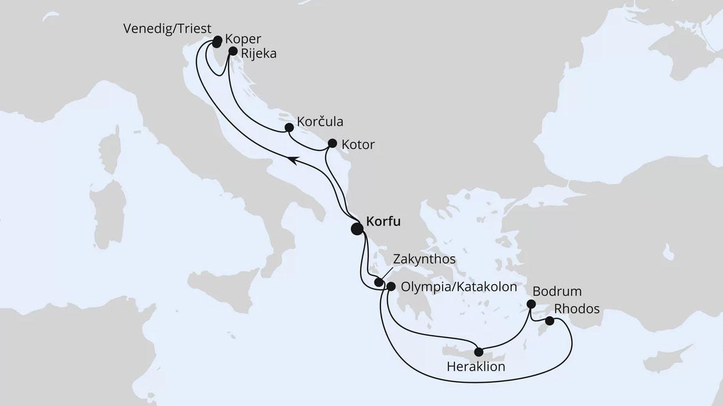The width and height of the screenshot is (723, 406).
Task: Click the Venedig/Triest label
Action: tap(167, 28)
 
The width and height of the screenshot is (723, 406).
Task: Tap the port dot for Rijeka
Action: tap(233, 51)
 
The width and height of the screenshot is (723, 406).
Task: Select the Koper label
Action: tap(243, 41)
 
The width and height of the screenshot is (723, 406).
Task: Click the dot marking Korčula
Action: tap(289, 127)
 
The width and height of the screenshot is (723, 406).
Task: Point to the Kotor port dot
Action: tap(332, 143)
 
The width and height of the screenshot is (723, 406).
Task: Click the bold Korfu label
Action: tap(383, 221)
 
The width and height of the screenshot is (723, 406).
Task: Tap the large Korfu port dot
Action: tap(357, 229)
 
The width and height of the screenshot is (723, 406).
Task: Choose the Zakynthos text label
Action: tap(424, 258)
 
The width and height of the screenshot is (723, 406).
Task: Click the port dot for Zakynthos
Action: tap(379, 282)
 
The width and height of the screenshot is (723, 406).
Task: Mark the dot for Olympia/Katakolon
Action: tap(391, 286)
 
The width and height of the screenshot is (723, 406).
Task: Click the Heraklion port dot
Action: tap(478, 351)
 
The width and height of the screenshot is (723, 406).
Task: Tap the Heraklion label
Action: tap(476, 367)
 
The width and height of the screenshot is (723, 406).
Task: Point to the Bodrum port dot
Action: tap(530, 304)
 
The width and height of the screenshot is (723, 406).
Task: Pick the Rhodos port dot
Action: tap(549, 321)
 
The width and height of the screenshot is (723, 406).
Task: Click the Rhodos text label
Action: tap(577, 309)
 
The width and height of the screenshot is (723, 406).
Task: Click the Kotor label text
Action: tap(359, 145)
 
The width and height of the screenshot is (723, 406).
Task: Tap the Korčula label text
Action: tap(319, 122)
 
